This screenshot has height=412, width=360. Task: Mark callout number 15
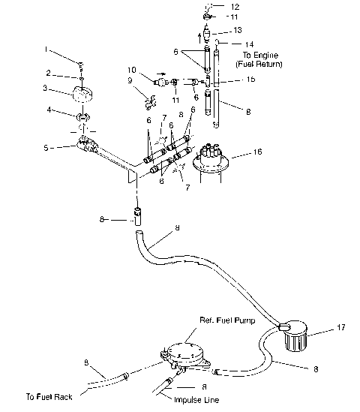[230, 78]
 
